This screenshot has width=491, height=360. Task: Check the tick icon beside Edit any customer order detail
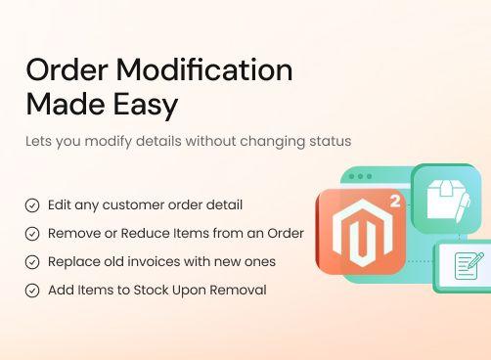(x=32, y=205)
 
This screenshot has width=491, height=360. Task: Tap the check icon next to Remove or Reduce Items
(x=32, y=234)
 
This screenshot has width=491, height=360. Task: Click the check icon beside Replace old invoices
(x=32, y=262)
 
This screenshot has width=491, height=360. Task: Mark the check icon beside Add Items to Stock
(x=32, y=291)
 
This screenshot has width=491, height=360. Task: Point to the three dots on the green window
(x=361, y=177)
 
